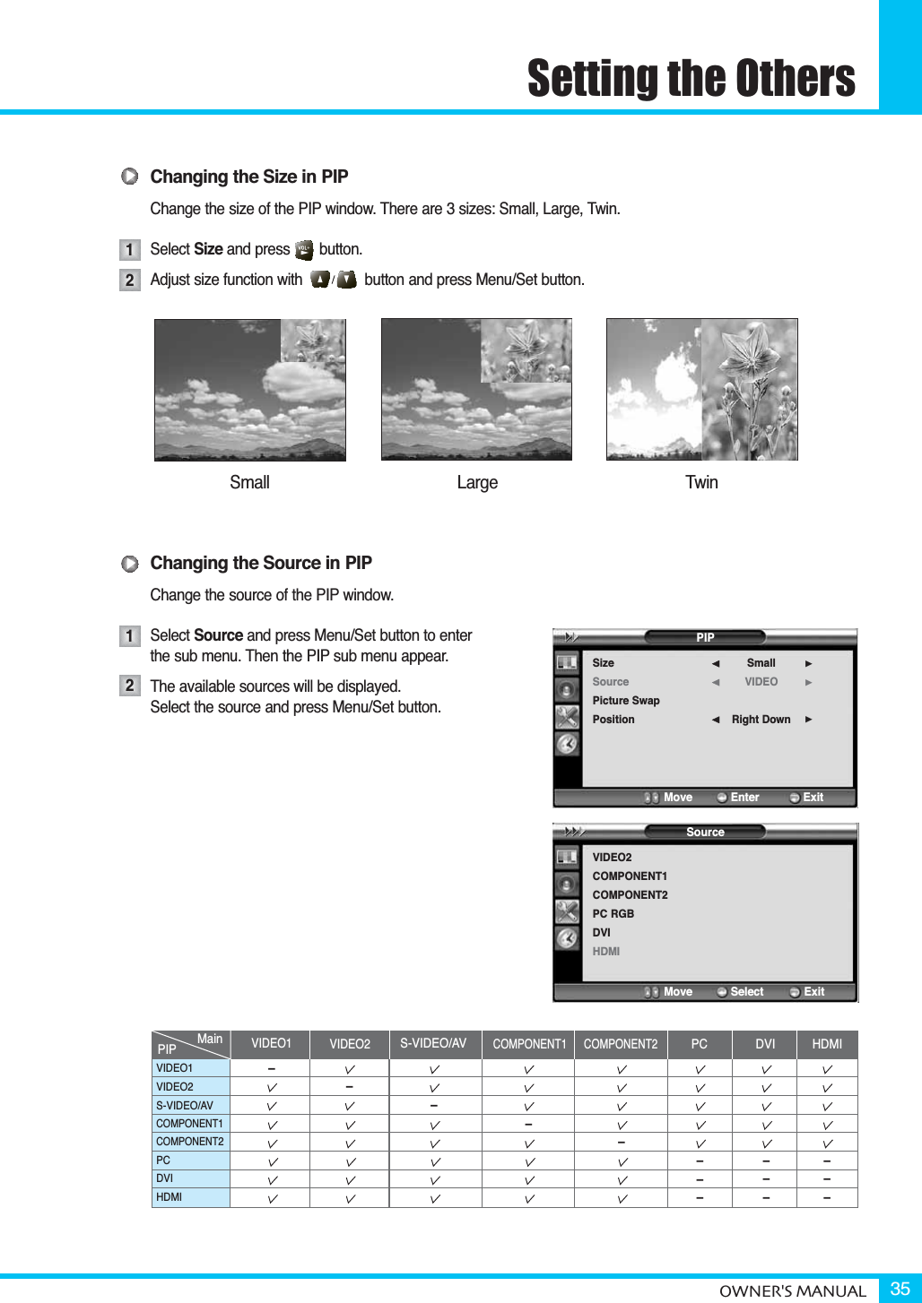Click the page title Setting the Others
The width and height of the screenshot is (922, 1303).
pos(691,78)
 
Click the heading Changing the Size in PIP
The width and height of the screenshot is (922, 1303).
pos(248,177)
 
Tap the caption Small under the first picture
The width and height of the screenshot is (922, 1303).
pos(249,482)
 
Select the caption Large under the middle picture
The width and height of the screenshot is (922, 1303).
pos(477,482)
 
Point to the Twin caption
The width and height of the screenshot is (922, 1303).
pos(701,482)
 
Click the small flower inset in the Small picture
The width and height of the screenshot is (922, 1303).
pos(314,341)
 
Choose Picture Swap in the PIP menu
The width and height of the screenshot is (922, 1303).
pos(625,701)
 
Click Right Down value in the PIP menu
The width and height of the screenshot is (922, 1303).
pos(761,720)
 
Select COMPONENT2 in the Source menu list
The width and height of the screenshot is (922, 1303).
pos(630,895)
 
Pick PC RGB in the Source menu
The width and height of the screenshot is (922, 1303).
pos(613,914)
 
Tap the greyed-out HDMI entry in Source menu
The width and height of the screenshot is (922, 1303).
pos(605,952)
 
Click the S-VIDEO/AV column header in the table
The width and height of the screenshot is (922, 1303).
pos(433,1044)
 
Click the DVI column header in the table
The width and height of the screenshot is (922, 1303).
pos(765,1044)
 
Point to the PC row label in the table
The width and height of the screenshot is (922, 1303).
pos(163,1161)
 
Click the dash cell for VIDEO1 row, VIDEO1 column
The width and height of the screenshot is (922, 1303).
pos(271,1068)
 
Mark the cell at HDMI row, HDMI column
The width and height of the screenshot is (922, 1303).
pos(826,1197)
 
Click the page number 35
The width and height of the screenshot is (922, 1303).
pos(900,1289)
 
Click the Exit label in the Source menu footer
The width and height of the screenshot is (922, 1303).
pos(813,992)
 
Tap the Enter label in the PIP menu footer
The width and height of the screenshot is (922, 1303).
pos(744,798)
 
